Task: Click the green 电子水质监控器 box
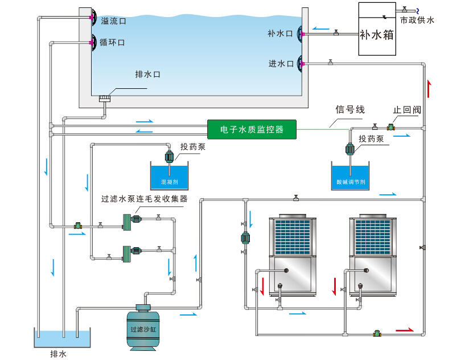(252, 129)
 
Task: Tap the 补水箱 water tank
(377, 30)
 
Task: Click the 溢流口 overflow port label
(113, 21)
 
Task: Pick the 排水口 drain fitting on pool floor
(105, 99)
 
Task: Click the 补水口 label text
(280, 34)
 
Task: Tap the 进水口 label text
(281, 64)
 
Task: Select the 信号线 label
(350, 109)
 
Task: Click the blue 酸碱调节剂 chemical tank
(351, 176)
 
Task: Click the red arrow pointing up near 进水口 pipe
(429, 89)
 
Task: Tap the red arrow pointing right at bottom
(405, 329)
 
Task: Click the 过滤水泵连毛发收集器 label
(145, 199)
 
